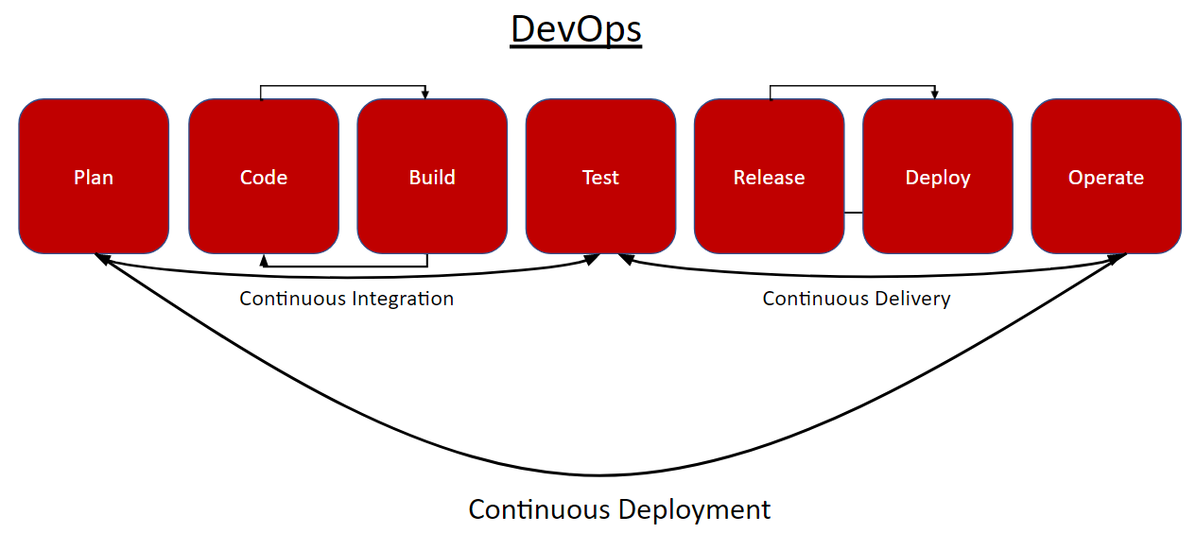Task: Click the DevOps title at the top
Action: click(576, 29)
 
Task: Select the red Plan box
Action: click(94, 176)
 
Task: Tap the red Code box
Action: click(264, 176)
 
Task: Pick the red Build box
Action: click(432, 176)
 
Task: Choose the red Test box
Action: click(600, 176)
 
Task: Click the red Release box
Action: click(770, 176)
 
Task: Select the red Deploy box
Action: click(938, 176)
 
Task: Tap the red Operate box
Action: click(1106, 176)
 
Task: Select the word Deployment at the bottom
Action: click(694, 510)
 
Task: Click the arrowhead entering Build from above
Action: click(425, 94)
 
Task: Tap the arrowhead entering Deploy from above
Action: click(935, 94)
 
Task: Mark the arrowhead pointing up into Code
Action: click(264, 261)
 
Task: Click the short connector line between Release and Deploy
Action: click(854, 213)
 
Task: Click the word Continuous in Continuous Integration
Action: click(292, 299)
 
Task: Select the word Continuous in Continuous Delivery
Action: click(815, 299)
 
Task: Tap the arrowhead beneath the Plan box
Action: click(102, 259)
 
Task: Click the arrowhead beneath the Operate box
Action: click(1118, 259)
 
